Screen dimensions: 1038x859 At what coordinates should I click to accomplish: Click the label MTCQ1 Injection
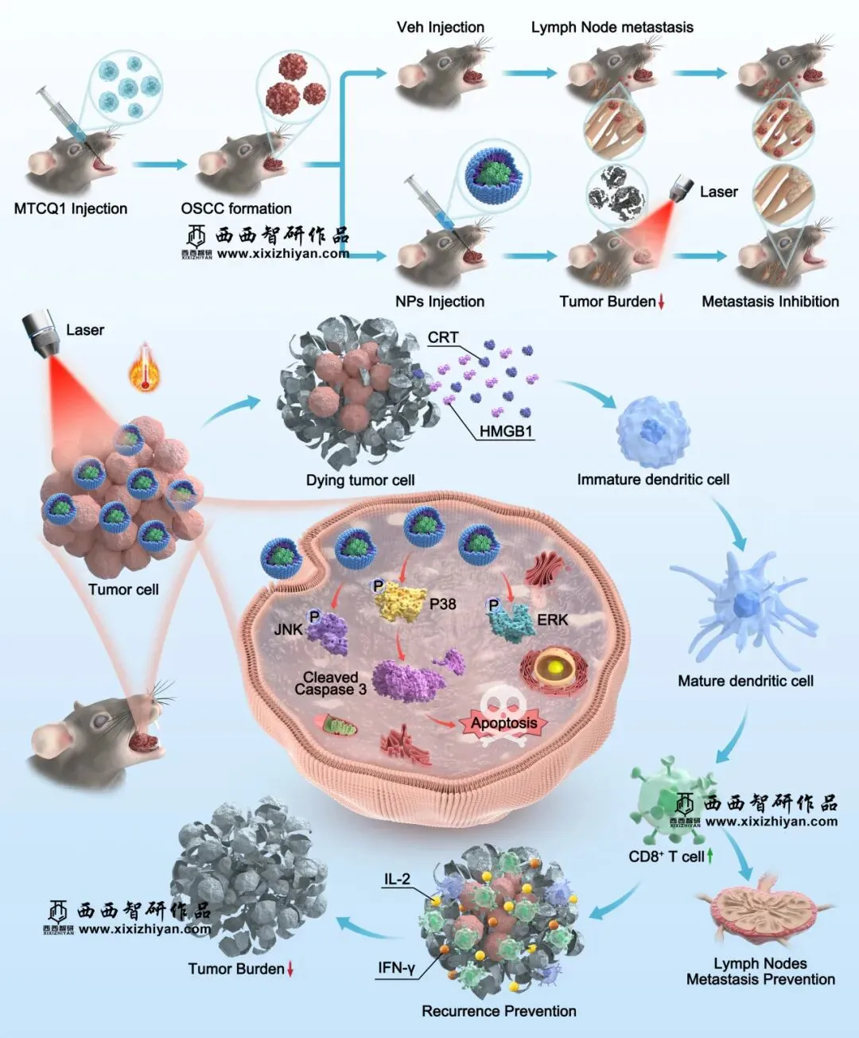(71, 209)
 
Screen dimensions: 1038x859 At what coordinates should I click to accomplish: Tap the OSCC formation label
(236, 209)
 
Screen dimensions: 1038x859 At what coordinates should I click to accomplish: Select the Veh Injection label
(441, 28)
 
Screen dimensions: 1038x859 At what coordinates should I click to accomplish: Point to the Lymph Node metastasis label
(612, 28)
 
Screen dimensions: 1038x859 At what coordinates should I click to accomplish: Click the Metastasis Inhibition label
(770, 301)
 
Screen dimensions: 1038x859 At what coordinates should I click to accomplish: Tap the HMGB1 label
(506, 432)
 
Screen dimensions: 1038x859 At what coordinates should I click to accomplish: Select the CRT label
(443, 337)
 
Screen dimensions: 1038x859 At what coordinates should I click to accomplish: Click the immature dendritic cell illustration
(653, 432)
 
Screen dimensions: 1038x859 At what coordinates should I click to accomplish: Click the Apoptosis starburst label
(503, 723)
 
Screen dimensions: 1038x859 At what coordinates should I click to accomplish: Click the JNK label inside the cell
(288, 629)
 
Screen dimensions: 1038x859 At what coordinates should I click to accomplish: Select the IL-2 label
(397, 879)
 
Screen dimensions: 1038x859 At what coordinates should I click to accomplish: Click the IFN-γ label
(396, 968)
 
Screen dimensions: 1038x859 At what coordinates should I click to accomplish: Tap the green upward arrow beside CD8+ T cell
(709, 856)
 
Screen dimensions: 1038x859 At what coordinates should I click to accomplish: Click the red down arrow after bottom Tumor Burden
(290, 969)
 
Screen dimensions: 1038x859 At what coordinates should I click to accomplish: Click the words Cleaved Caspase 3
(330, 683)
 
